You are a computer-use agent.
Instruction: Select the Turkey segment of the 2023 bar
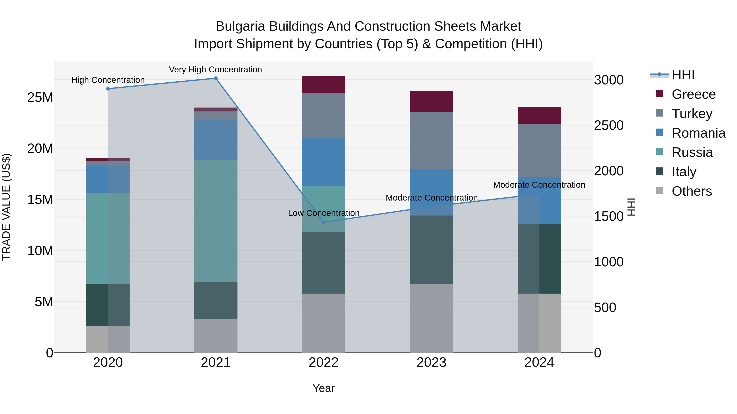(431, 141)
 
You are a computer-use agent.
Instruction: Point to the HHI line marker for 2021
(216, 78)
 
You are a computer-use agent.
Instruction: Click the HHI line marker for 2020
(108, 89)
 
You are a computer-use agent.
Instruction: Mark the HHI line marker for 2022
(324, 222)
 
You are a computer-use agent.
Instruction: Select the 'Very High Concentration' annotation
(215, 70)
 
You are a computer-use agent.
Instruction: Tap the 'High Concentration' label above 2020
(108, 80)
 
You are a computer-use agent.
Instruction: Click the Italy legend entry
(684, 172)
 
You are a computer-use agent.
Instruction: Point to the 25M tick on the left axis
(40, 98)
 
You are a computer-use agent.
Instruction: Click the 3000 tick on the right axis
(609, 80)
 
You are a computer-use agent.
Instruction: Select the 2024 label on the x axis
(539, 362)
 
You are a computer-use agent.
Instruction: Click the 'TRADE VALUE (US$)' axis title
(6, 207)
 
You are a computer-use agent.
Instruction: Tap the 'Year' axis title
(324, 388)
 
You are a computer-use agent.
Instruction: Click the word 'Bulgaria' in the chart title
(240, 26)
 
